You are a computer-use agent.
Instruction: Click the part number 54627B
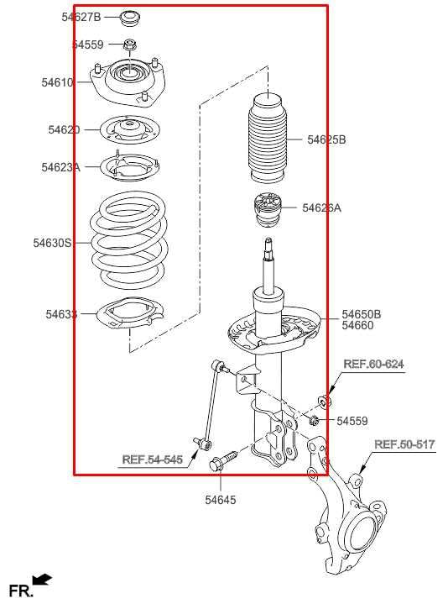click(x=81, y=17)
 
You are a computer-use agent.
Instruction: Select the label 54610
click(x=57, y=82)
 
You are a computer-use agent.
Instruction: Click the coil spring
click(x=130, y=241)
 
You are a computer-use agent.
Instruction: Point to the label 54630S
click(x=52, y=243)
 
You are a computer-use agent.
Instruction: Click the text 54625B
click(x=326, y=140)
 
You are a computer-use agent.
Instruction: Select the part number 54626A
click(x=321, y=207)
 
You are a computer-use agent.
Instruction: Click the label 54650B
click(x=361, y=314)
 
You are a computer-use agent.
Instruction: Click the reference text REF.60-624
click(x=373, y=364)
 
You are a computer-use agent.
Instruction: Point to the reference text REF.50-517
click(x=404, y=444)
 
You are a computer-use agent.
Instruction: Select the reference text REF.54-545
click(x=152, y=459)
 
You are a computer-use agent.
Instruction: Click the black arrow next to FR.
click(x=42, y=580)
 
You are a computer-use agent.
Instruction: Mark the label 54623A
click(x=60, y=167)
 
